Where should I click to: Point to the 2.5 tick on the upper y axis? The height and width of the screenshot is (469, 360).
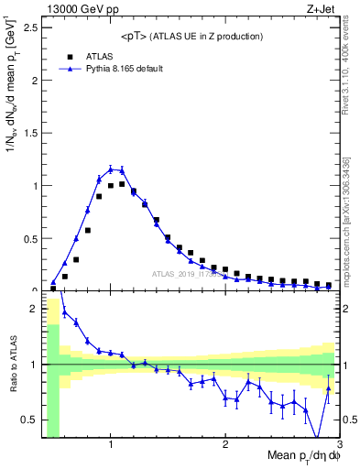click(29, 27)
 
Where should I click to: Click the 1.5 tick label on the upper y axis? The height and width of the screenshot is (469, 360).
click(29, 133)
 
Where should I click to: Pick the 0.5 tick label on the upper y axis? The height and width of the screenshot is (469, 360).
click(29, 238)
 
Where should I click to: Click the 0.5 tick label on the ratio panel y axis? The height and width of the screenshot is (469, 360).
click(29, 420)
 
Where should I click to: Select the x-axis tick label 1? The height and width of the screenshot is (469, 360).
click(111, 445)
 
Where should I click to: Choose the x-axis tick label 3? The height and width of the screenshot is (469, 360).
click(338, 445)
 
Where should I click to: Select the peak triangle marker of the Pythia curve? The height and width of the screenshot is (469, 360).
click(111, 169)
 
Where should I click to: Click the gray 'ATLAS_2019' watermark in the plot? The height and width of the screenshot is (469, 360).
click(183, 273)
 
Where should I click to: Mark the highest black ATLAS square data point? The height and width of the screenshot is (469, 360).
click(122, 183)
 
